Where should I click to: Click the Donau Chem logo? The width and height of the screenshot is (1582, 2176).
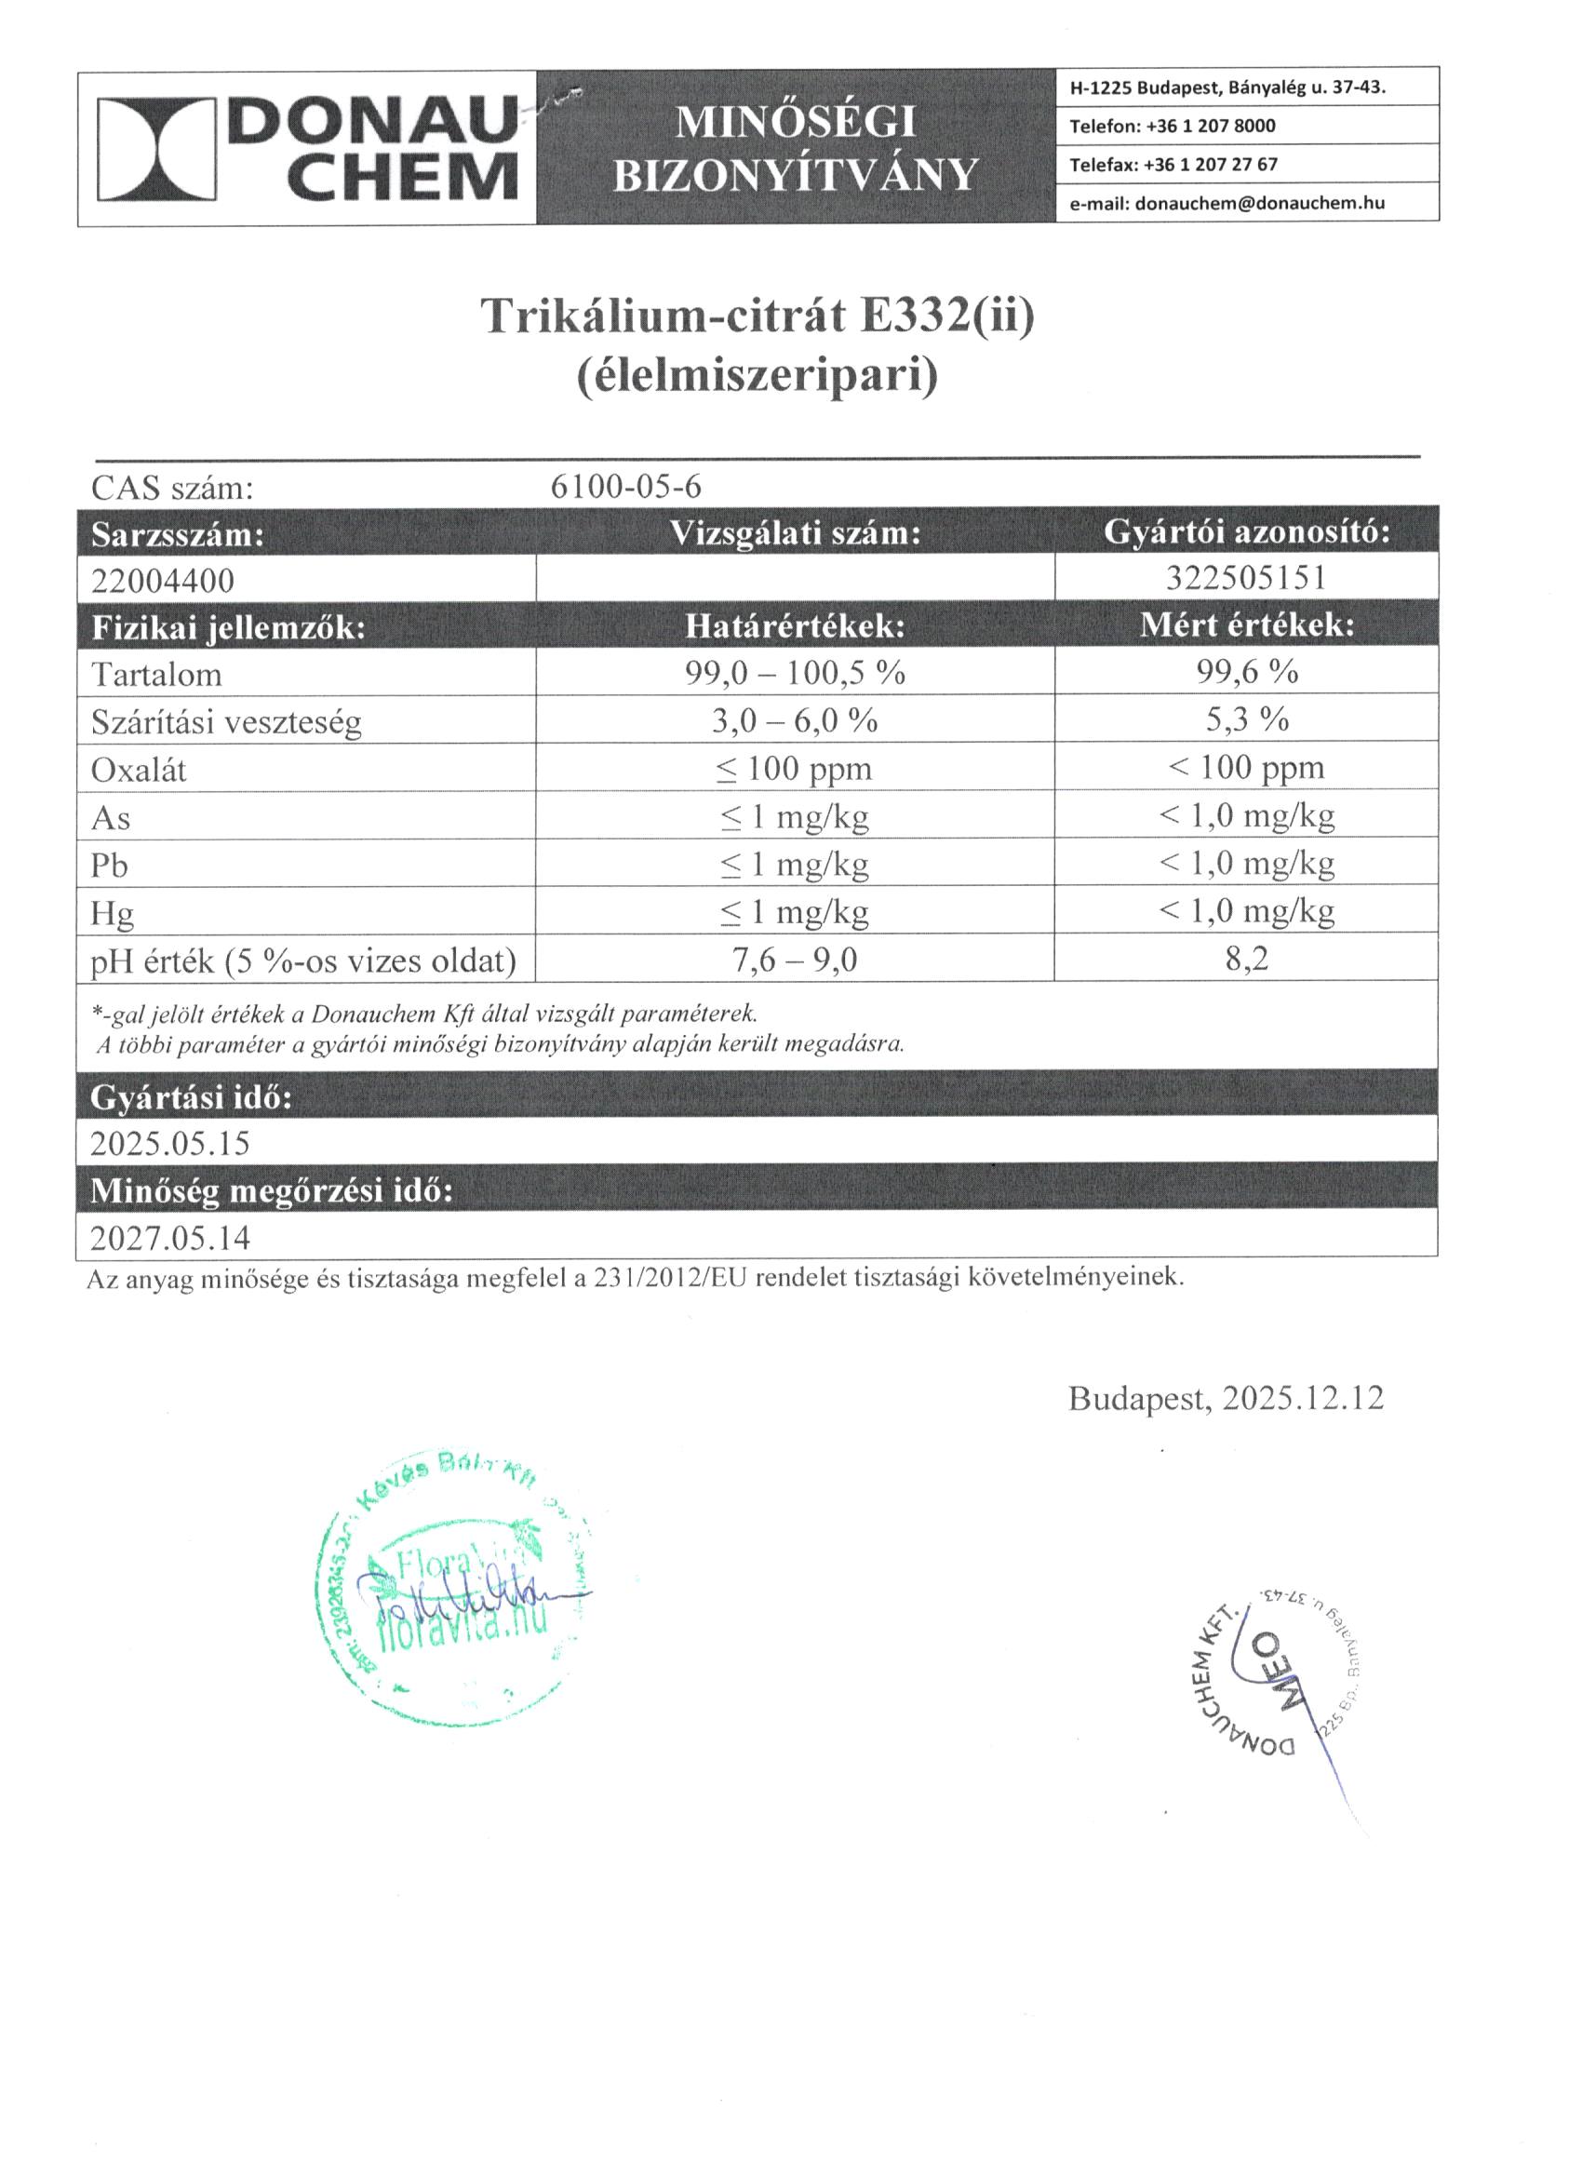307,149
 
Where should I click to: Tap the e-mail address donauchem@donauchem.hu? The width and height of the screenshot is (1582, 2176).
1259,204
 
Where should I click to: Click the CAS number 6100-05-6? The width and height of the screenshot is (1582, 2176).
625,488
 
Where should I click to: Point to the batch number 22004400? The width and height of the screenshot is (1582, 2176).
162,581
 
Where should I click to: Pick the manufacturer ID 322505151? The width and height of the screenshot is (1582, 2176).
1246,578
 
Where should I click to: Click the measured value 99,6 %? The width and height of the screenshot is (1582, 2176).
1246,672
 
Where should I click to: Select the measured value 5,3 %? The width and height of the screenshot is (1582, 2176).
1246,719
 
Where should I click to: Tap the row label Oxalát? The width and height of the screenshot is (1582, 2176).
138,770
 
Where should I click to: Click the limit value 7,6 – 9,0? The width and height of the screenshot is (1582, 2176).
795,960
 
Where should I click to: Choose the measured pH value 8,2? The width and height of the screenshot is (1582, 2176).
1246,959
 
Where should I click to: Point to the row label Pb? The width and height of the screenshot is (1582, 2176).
110,866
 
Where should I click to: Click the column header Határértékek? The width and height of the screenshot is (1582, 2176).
795,626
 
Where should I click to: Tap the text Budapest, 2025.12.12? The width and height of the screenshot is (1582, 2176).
1227,1398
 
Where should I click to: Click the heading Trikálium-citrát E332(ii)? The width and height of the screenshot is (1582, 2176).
757,316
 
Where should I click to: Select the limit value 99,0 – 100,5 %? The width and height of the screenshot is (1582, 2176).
795,673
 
